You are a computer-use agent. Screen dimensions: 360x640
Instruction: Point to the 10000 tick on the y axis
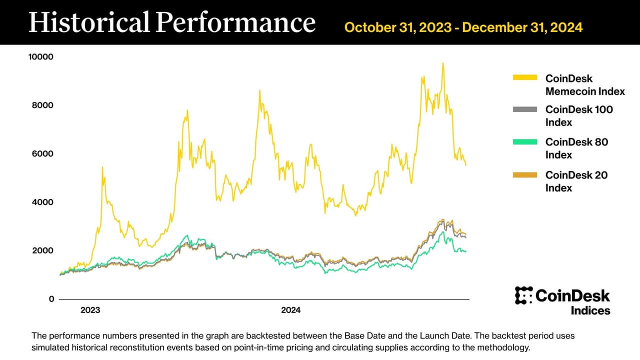click(x=41, y=57)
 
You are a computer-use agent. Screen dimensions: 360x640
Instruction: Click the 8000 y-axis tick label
click(x=43, y=105)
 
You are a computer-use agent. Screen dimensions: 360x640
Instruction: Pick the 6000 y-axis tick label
click(x=43, y=153)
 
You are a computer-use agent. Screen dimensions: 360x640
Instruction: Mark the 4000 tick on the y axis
click(x=43, y=202)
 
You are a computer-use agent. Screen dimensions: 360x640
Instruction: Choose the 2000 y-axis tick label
click(x=43, y=250)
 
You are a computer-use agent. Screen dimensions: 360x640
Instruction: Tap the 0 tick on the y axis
click(x=51, y=299)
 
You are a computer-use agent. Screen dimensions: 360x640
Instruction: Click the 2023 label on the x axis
click(x=90, y=310)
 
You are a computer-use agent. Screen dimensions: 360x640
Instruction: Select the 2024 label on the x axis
click(x=290, y=310)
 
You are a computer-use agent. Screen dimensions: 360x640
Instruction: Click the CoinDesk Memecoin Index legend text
click(x=584, y=85)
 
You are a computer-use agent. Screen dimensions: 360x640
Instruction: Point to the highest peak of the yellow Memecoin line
click(x=442, y=63)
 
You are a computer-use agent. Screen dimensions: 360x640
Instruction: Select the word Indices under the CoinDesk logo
click(x=590, y=310)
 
